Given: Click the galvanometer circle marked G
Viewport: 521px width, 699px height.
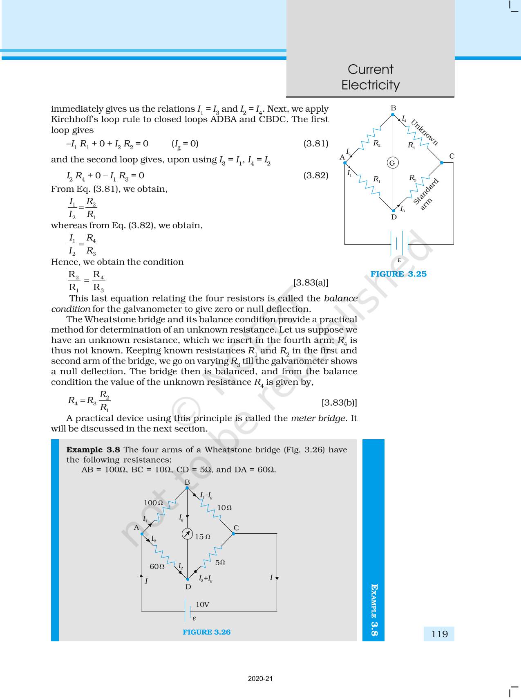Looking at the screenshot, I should pyautogui.click(x=392, y=163).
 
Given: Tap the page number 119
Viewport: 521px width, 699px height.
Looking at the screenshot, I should pyautogui.click(x=439, y=634).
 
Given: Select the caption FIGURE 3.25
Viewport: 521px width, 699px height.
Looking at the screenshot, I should pyautogui.click(x=398, y=274).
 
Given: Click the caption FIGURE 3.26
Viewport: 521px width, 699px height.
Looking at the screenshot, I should pyautogui.click(x=206, y=632).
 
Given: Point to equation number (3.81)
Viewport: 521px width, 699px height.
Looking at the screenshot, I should pyautogui.click(x=315, y=144).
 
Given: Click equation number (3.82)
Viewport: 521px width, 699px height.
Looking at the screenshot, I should pyautogui.click(x=315, y=175).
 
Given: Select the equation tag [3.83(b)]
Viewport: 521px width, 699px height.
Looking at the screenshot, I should pyautogui.click(x=339, y=402).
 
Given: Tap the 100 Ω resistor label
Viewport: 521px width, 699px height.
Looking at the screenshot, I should pyautogui.click(x=153, y=503).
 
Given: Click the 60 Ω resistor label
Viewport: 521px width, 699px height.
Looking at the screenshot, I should pyautogui.click(x=157, y=566).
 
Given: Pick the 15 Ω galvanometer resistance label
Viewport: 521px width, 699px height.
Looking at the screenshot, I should pyautogui.click(x=203, y=537).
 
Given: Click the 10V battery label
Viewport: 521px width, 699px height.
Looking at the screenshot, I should pyautogui.click(x=203, y=604).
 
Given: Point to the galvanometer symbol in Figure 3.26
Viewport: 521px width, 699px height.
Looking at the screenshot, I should pyautogui.click(x=187, y=534).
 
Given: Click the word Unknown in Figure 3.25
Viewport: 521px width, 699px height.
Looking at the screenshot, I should pyautogui.click(x=425, y=132).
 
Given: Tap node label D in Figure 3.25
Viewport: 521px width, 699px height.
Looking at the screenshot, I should pyautogui.click(x=394, y=217).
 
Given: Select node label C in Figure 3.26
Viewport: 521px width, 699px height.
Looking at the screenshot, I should pyautogui.click(x=236, y=528).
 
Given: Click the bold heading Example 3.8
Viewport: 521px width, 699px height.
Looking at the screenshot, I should pyautogui.click(x=93, y=450).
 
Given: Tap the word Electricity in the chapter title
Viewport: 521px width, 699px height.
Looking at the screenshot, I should pyautogui.click(x=370, y=85).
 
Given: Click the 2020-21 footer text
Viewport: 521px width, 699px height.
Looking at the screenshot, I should pyautogui.click(x=260, y=679).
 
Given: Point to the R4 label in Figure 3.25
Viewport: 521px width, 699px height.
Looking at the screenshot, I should pyautogui.click(x=411, y=145).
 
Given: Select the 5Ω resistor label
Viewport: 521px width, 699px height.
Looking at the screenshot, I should pyautogui.click(x=220, y=562).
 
